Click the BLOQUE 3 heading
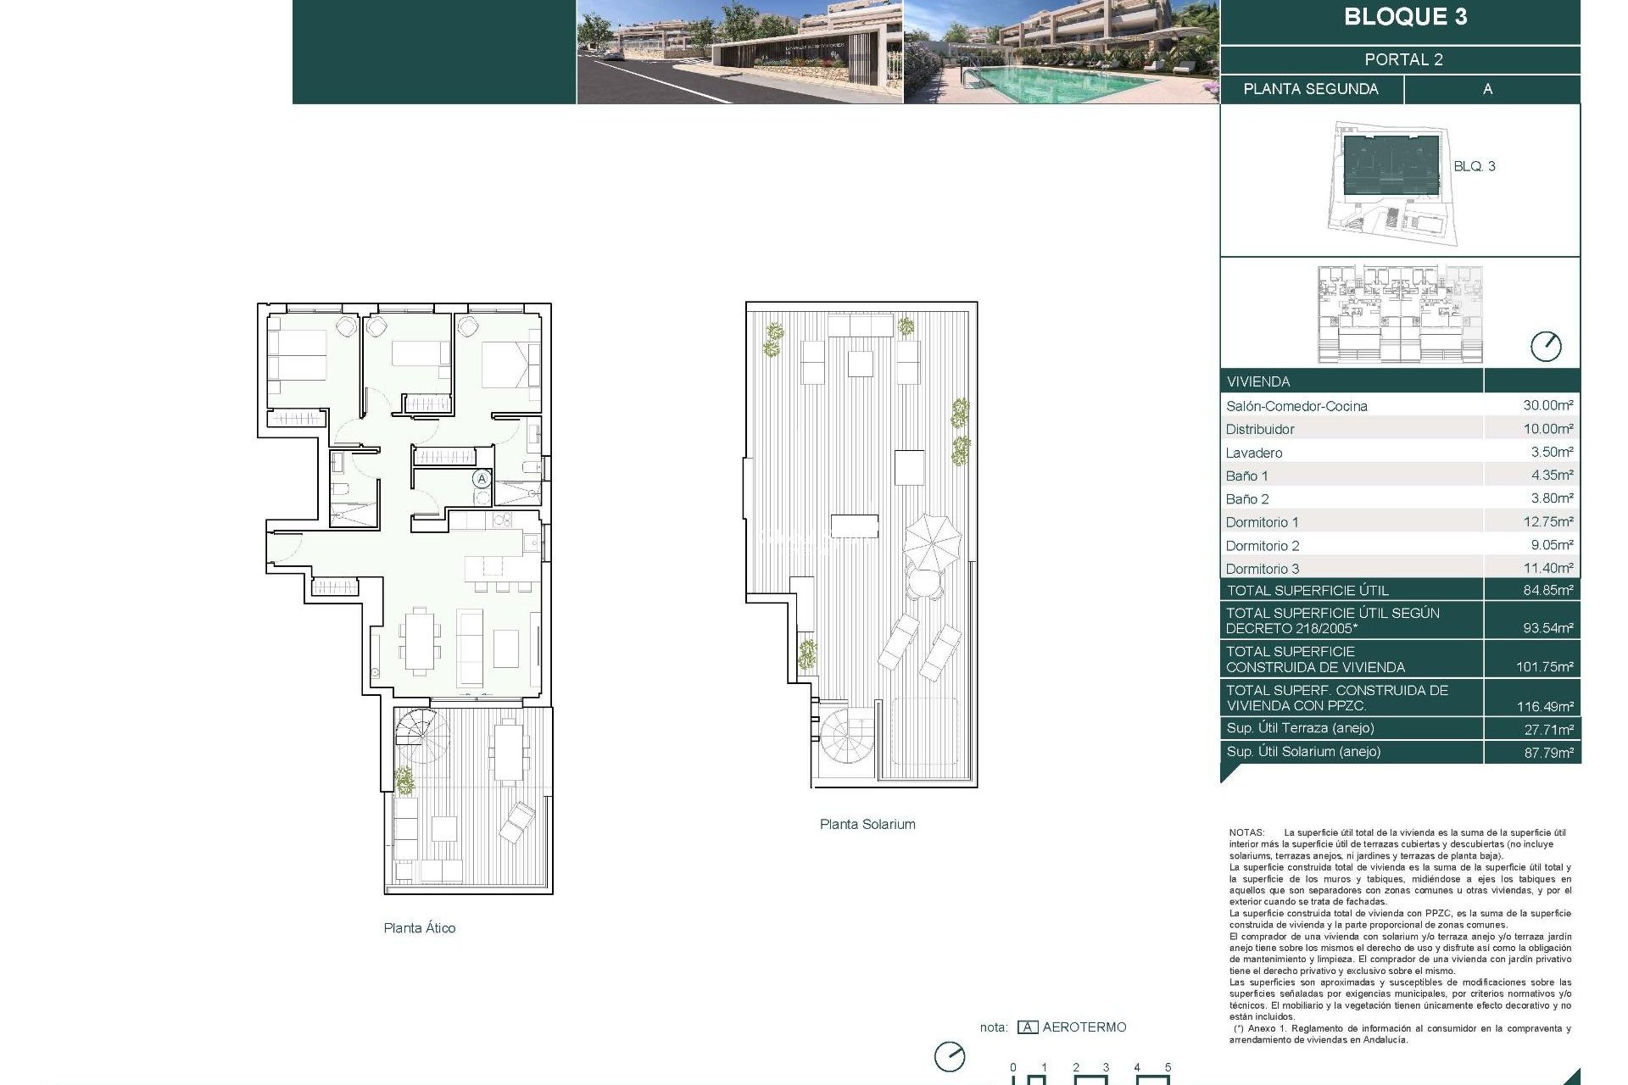(x=1405, y=17)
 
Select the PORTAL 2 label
(x=1403, y=59)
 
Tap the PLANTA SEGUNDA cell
(x=1311, y=89)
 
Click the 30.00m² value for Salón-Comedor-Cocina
(x=1547, y=405)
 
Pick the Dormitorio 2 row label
(x=1262, y=546)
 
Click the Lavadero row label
(x=1253, y=453)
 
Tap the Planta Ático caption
(x=419, y=928)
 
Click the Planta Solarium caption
(x=867, y=824)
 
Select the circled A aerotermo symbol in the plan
(x=482, y=479)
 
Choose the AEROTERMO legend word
(x=1084, y=1027)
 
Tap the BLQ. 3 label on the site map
(x=1474, y=166)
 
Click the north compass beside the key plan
(x=1545, y=346)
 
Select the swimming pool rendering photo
(x=1060, y=53)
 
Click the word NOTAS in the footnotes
(x=1246, y=833)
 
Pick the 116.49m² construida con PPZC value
(x=1544, y=706)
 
